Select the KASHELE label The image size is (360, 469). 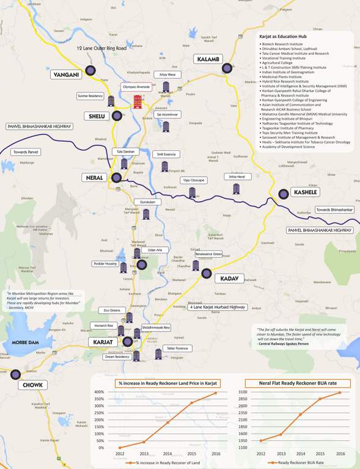[306, 192]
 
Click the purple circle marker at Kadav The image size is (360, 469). [207, 273]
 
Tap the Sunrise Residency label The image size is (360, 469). [90, 96]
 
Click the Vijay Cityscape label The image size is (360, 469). [194, 181]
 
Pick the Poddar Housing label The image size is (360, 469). [105, 264]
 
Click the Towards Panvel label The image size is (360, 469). [25, 151]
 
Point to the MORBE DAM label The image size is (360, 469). [25, 341]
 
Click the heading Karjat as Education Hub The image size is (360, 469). [285, 38]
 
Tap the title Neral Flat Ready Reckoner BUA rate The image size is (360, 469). [293, 384]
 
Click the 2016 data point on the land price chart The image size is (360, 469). [216, 393]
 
